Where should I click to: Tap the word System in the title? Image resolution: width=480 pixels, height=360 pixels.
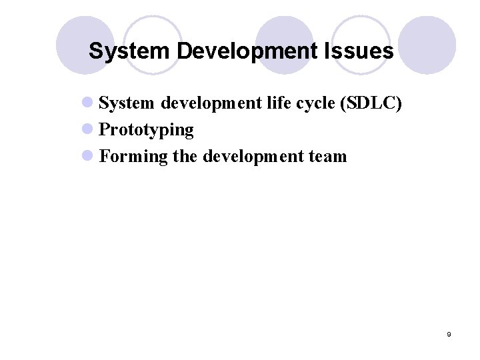coord(122,51)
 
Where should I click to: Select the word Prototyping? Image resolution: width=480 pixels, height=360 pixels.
coord(146,130)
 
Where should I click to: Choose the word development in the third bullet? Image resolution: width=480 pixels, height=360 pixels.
coord(251,156)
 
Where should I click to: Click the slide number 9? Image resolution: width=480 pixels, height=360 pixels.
coord(449,334)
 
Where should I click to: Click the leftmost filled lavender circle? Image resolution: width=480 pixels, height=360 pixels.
coord(81,43)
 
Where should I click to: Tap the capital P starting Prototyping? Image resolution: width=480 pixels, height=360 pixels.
coord(104,130)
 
